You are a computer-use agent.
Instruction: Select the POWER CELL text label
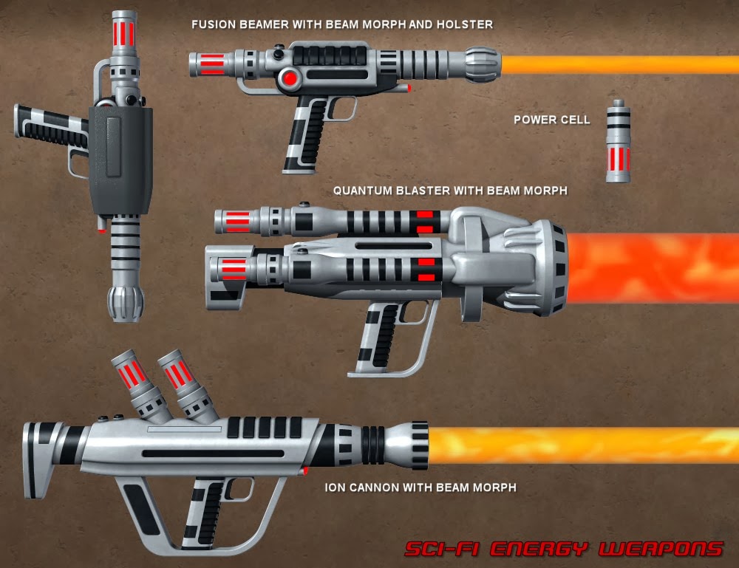pos(551,119)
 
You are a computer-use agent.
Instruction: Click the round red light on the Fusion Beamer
pos(290,78)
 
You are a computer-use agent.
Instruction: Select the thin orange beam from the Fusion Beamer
pos(621,65)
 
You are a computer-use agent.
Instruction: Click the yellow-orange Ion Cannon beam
pos(584,445)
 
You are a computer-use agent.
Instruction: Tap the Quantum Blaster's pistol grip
pos(375,336)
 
